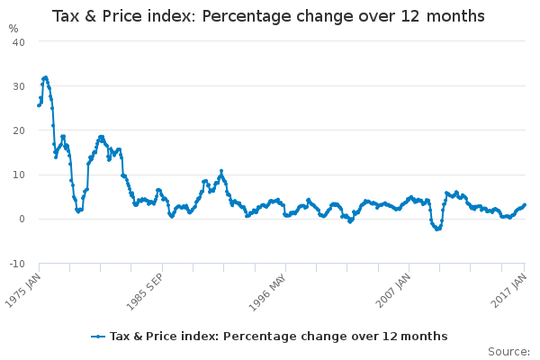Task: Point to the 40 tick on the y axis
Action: pos(18,42)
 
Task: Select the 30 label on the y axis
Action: pos(18,86)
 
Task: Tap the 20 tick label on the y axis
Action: pos(18,130)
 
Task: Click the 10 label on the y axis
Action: pos(18,175)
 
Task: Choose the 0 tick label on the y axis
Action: pos(22,219)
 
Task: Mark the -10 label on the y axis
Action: pos(16,263)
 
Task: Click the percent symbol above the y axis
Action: pos(13,28)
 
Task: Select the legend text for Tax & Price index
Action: pos(278,337)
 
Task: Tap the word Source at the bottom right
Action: pos(508,351)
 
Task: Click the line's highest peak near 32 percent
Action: pos(45,77)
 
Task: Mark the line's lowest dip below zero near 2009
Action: pos(437,229)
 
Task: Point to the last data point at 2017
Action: pos(525,204)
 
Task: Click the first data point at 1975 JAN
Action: pos(38,105)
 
